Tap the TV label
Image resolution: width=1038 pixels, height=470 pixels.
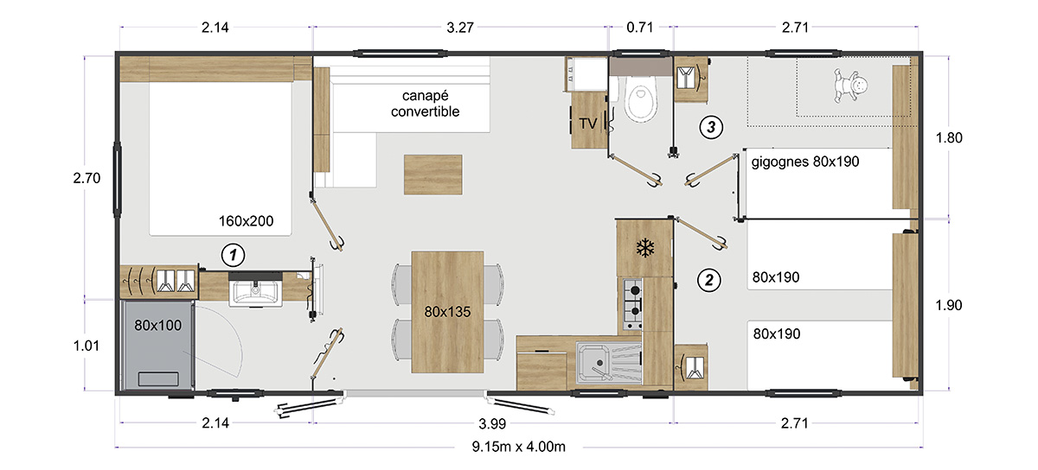coord(587,124)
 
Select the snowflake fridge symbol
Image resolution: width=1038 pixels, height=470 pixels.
coord(644,248)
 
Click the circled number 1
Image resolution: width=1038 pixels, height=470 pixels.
coord(233,255)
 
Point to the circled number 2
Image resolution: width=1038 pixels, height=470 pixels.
coord(709,280)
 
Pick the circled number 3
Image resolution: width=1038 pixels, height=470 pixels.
coord(711,127)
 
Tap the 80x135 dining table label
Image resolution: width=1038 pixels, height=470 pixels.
coord(447,312)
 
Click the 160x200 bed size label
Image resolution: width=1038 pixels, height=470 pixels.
coord(246,221)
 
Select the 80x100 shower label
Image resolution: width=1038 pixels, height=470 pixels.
coord(158,326)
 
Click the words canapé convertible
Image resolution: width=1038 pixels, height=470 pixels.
coord(425,104)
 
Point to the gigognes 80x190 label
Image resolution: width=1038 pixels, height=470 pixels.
coord(805,162)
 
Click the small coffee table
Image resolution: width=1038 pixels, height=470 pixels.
coord(432,175)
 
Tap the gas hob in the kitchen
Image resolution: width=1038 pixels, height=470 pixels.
coord(632,304)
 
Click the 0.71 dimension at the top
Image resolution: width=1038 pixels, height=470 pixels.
coord(639,28)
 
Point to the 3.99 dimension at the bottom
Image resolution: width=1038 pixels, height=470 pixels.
coord(492,423)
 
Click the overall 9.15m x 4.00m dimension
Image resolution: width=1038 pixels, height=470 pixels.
coord(518,447)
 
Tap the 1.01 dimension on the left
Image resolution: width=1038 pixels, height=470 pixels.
coord(86,346)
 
